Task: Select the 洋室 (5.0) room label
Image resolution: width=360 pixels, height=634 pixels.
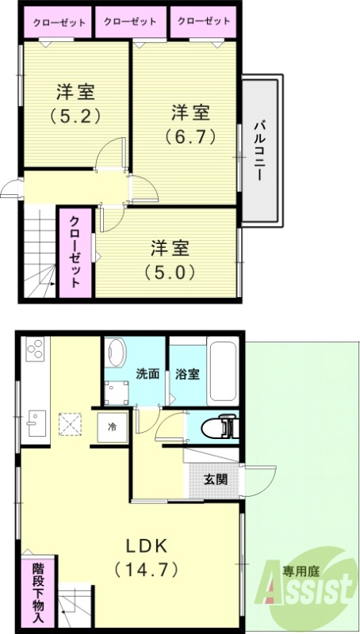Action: click(x=170, y=259)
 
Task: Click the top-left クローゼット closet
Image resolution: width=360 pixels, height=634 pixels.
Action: click(x=59, y=23)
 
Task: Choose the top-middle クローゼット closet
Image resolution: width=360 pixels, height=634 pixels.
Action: click(x=131, y=22)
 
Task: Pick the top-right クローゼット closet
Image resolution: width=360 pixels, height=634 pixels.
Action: click(x=203, y=22)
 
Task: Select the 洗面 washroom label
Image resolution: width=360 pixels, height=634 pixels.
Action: click(x=147, y=372)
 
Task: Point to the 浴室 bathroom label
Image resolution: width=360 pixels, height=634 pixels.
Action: click(x=188, y=372)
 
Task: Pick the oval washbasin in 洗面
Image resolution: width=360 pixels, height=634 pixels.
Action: click(x=117, y=353)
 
